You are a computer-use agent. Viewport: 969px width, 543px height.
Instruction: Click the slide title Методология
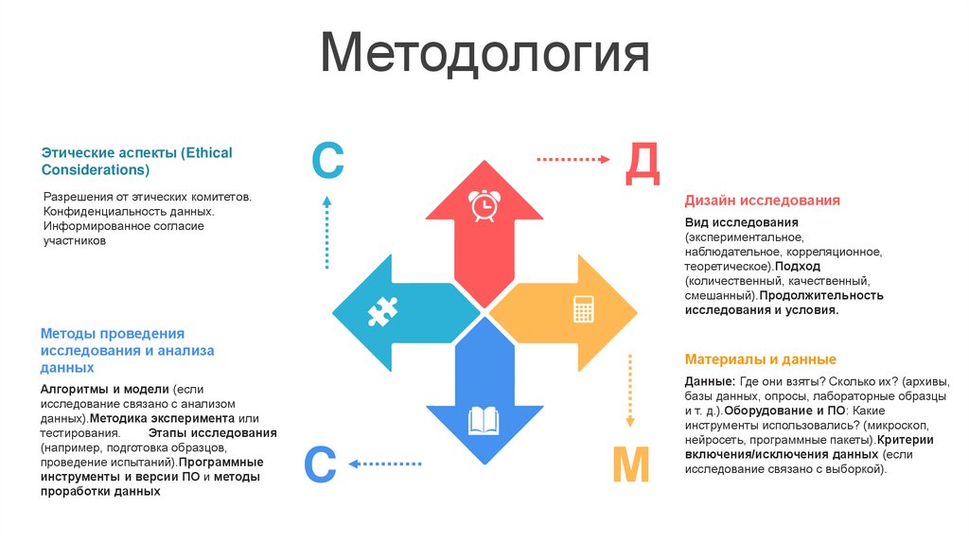pos(484,56)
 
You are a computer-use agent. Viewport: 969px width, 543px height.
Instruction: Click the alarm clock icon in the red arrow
pos(484,205)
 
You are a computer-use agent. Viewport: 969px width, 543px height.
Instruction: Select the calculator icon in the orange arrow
pos(584,309)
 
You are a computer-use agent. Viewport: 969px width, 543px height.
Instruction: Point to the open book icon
pos(484,419)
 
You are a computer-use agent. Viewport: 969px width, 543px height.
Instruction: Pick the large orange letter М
pos(629,465)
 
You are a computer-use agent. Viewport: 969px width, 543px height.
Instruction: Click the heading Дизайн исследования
pos(763,201)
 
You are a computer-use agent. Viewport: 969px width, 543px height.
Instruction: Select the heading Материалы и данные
pos(760,359)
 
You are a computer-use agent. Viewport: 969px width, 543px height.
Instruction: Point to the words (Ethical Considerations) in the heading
pos(136,161)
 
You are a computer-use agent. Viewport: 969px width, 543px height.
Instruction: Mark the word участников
pos(74,241)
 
